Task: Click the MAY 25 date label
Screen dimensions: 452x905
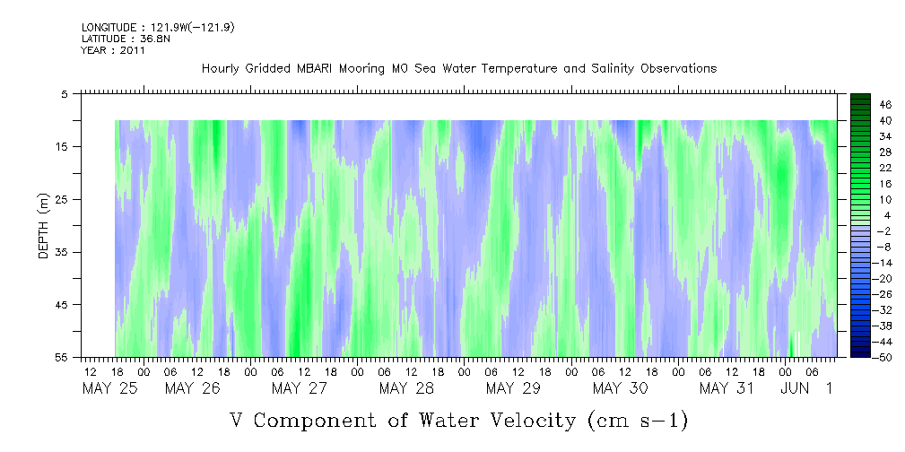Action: pyautogui.click(x=109, y=388)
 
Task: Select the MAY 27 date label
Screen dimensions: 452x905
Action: pyautogui.click(x=300, y=388)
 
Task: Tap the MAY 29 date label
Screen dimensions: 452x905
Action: pyautogui.click(x=512, y=388)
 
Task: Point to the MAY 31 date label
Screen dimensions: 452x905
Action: pyautogui.click(x=727, y=388)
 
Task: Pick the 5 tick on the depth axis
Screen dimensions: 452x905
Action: pyautogui.click(x=65, y=93)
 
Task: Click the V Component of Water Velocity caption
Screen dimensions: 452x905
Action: pyautogui.click(x=458, y=420)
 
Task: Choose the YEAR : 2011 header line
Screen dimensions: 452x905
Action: pyautogui.click(x=113, y=51)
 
